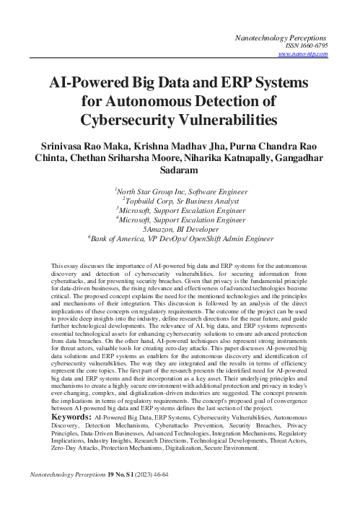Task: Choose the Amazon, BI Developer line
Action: [180, 225]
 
